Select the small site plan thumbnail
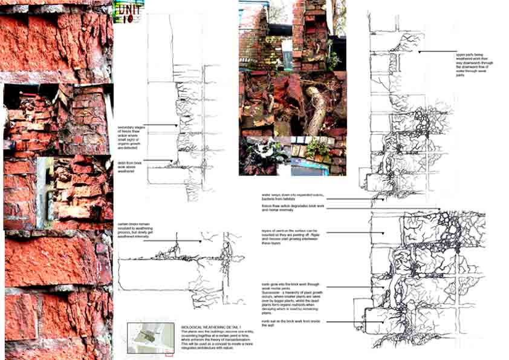(x=150, y=338)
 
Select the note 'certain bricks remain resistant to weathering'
(x=134, y=234)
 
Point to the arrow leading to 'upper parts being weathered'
(x=435, y=53)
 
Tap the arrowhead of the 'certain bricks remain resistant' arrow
(x=199, y=241)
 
